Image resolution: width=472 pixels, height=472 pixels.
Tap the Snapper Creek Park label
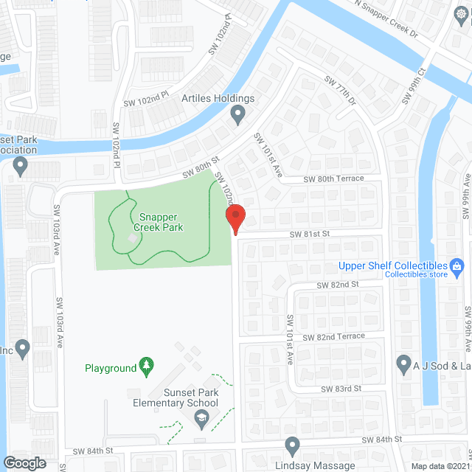point(162,222)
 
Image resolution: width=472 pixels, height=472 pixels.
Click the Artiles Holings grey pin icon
point(237,114)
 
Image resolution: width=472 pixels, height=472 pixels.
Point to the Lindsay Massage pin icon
point(292,445)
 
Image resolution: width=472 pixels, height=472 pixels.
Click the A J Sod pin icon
point(403,363)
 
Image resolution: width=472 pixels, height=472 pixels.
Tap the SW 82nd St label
point(337,284)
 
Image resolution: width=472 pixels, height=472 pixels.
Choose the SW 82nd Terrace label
point(342,336)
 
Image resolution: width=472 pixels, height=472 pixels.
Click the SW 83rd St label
point(341,388)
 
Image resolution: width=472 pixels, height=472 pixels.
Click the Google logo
point(24,462)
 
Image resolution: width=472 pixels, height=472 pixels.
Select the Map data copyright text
point(440,465)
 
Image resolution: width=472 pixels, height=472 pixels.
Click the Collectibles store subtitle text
point(417,275)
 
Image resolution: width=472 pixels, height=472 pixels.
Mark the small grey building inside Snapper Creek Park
point(133,237)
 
